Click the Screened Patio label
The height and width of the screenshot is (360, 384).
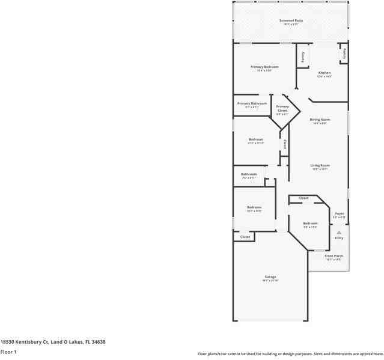[291, 20]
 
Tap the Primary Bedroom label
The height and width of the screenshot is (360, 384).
[264, 67]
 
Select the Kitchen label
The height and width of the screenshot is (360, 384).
[325, 73]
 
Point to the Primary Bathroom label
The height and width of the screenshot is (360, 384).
[252, 103]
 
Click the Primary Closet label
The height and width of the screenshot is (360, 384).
[282, 108]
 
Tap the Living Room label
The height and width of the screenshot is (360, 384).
[320, 165]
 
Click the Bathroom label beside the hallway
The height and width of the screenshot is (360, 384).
[249, 174]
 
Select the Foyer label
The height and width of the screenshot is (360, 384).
[340, 213]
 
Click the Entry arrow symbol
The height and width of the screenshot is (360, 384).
[339, 232]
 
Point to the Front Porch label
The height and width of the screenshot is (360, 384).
[334, 256]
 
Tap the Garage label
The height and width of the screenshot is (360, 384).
[270, 277]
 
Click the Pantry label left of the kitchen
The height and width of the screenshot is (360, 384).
[303, 57]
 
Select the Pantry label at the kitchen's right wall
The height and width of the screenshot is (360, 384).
[344, 53]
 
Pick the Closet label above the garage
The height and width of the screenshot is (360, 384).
[245, 237]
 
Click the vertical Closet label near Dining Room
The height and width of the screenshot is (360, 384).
[285, 145]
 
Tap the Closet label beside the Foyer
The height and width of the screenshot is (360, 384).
[303, 198]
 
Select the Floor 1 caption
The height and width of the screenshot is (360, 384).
[8, 352]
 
